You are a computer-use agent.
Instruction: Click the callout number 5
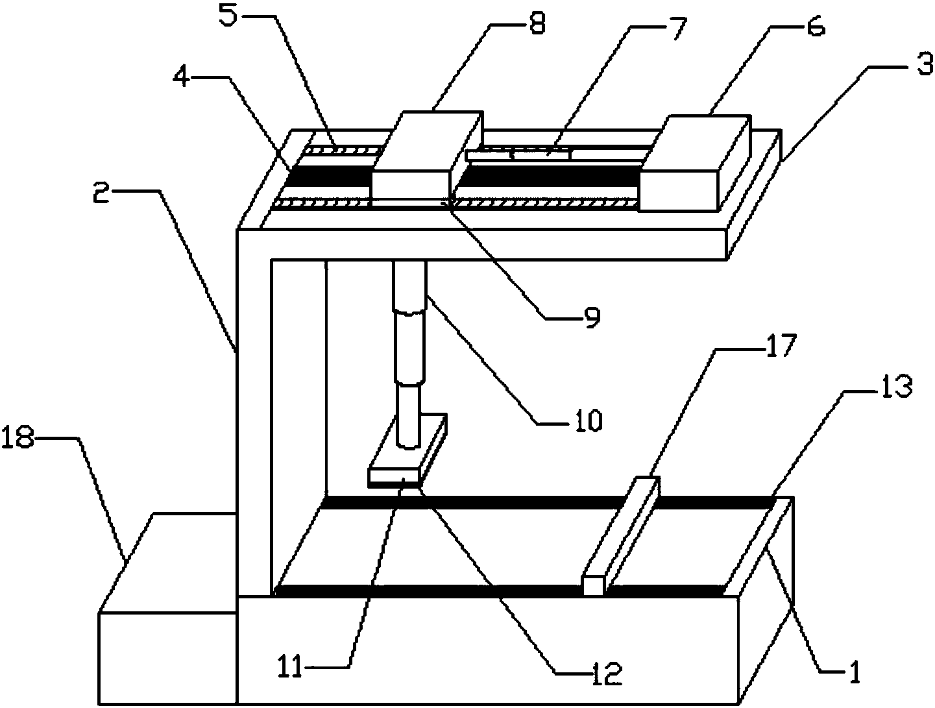pyautogui.click(x=228, y=16)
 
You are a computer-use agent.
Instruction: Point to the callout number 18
pyautogui.click(x=18, y=439)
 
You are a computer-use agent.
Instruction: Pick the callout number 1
pyautogui.click(x=854, y=673)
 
